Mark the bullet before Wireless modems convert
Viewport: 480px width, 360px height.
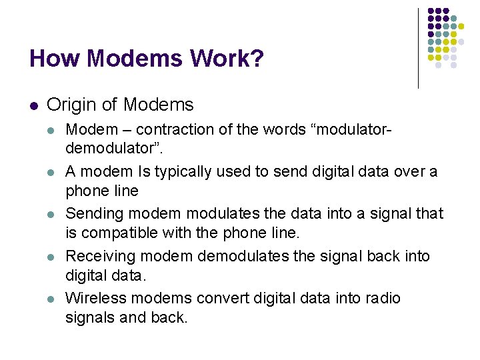coord(51,299)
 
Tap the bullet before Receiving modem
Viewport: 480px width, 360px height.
coord(51,257)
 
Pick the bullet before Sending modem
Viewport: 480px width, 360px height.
coord(51,215)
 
